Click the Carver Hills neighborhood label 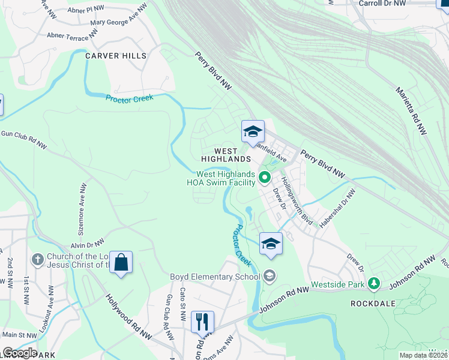coord(116,56)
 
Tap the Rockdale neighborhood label coord(373,304)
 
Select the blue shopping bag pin coord(121,263)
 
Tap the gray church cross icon coord(37,259)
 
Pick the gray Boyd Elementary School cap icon coord(269,275)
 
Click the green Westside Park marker coord(375,282)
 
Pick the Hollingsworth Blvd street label coord(298,200)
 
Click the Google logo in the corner coord(20,353)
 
